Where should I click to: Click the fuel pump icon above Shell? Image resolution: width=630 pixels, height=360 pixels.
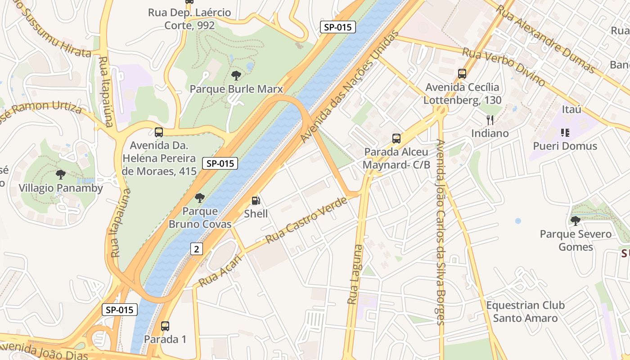pyautogui.click(x=256, y=201)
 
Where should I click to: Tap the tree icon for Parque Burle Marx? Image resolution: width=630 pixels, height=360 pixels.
pyautogui.click(x=236, y=76)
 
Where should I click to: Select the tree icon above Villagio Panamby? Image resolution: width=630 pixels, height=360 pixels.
pyautogui.click(x=61, y=175)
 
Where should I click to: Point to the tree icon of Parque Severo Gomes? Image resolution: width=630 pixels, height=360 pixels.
pyautogui.click(x=575, y=220)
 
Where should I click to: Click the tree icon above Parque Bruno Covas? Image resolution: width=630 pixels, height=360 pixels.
pyautogui.click(x=200, y=198)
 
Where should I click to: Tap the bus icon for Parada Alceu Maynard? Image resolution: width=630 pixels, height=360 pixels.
pyautogui.click(x=396, y=139)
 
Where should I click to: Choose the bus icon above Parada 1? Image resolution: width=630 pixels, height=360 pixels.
pyautogui.click(x=165, y=326)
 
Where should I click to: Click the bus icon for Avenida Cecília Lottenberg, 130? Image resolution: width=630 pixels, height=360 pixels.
pyautogui.click(x=462, y=74)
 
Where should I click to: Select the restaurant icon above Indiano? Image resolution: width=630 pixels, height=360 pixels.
pyautogui.click(x=490, y=120)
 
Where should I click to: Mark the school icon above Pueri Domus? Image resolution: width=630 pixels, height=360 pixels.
pyautogui.click(x=565, y=133)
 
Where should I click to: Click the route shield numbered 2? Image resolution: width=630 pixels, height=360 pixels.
pyautogui.click(x=197, y=249)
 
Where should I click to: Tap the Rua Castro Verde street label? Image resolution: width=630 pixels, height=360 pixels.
pyautogui.click(x=306, y=220)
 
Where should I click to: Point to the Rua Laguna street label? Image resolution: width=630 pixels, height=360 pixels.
pyautogui.click(x=355, y=274)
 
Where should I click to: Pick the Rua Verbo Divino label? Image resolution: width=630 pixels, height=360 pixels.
pyautogui.click(x=504, y=67)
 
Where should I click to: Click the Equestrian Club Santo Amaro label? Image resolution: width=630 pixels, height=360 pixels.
pyautogui.click(x=525, y=312)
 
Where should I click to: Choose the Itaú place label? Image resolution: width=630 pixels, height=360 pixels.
pyautogui.click(x=571, y=109)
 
